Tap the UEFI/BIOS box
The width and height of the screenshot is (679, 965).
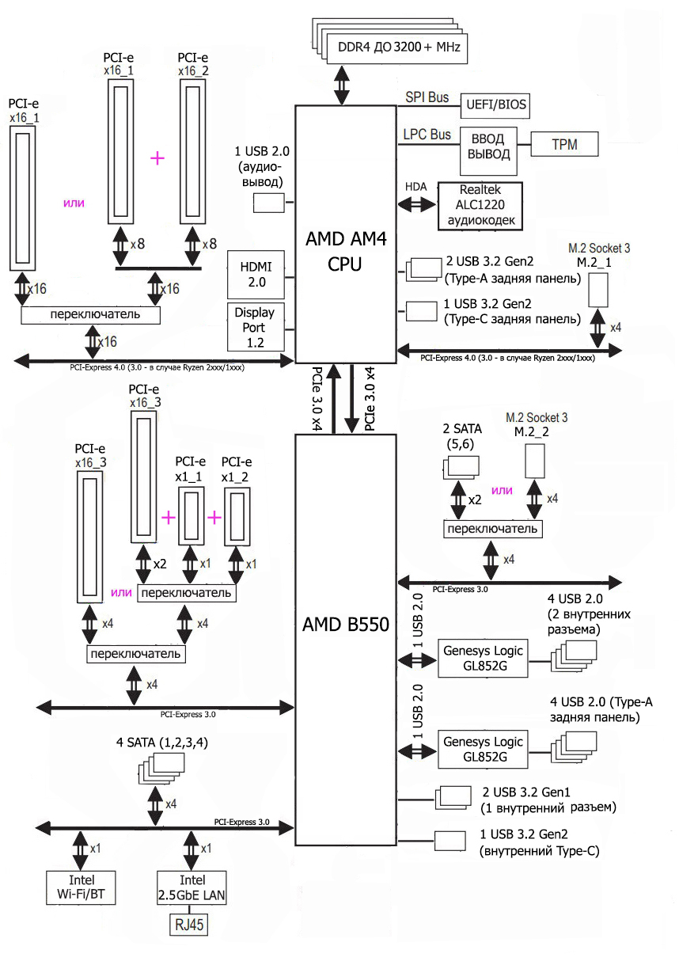click(494, 104)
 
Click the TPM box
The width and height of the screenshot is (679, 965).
click(564, 144)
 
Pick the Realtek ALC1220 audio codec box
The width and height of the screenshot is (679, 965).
click(480, 206)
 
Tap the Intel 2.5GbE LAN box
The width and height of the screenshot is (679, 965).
click(192, 888)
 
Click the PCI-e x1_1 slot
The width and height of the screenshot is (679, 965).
click(191, 515)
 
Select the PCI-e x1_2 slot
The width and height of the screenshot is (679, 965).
click(237, 515)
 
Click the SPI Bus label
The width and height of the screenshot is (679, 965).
click(427, 98)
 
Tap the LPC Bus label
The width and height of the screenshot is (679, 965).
click(427, 135)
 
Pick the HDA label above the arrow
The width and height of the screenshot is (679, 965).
click(416, 187)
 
